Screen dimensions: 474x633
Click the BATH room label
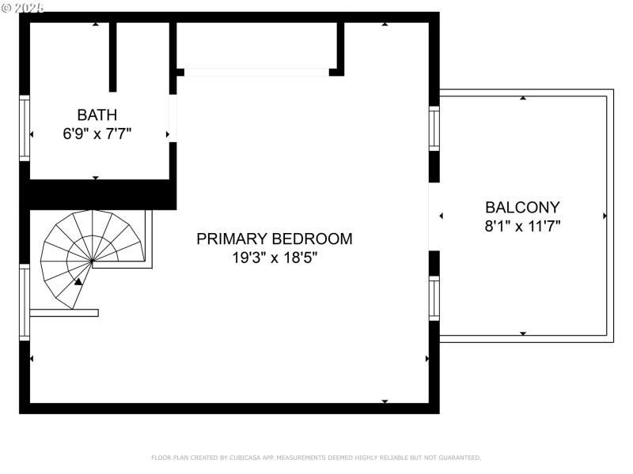click(97, 115)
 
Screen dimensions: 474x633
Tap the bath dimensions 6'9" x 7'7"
click(97, 134)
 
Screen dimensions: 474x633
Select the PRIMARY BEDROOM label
click(275, 239)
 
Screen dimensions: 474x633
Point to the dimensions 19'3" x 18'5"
click(275, 258)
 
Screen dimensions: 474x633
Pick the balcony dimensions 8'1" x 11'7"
click(522, 227)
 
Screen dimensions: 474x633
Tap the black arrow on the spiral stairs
click(78, 280)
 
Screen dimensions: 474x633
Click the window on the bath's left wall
click(25, 128)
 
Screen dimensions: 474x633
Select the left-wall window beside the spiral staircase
click(25, 303)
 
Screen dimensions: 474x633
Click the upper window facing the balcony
click(434, 128)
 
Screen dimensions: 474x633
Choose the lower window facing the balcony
click(434, 298)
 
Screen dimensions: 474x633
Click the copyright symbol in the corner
click(7, 7)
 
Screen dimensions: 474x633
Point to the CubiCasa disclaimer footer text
click(316, 457)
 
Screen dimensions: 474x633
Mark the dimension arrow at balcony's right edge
click(605, 216)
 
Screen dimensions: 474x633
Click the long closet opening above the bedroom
click(256, 72)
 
